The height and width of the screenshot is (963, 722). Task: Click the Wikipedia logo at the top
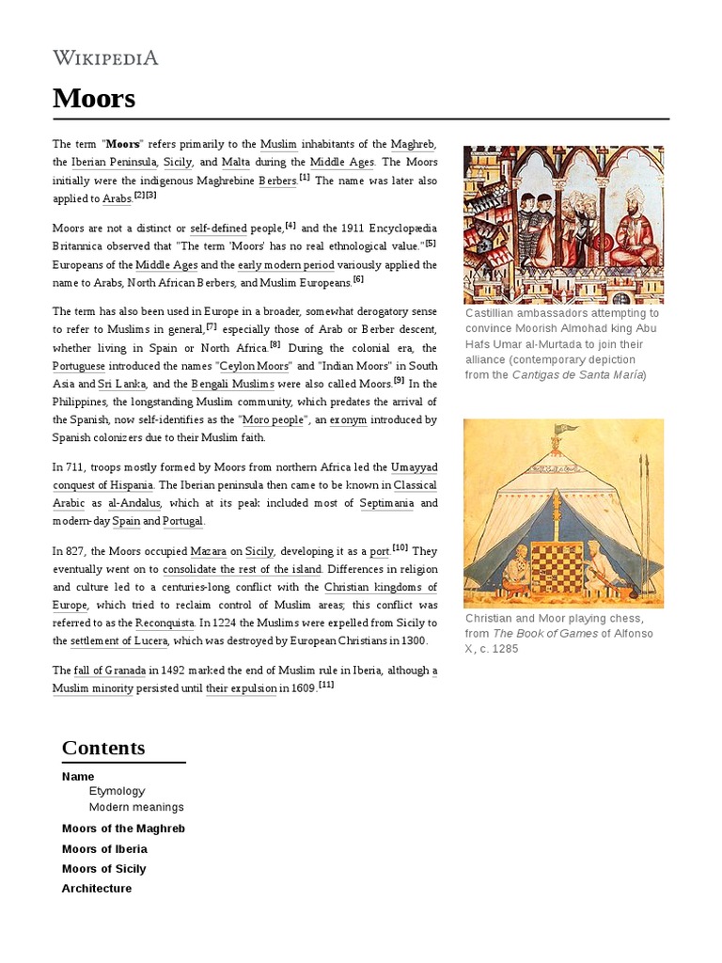[x=105, y=58]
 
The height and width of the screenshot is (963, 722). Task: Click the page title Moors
[x=94, y=99]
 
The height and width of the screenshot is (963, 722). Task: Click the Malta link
[x=235, y=162]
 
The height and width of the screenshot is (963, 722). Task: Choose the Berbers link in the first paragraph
[x=277, y=181]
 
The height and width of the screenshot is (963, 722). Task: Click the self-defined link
[x=218, y=229]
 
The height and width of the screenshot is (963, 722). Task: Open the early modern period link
[x=287, y=265]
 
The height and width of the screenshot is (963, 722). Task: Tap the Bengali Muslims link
[x=233, y=384]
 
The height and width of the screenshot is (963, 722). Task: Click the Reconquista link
[x=165, y=624]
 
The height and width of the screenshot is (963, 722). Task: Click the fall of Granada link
[x=111, y=671]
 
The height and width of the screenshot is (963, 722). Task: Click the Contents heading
[x=103, y=748]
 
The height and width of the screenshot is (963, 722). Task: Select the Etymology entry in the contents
[x=117, y=792]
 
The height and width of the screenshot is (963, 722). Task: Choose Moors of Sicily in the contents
[x=103, y=869]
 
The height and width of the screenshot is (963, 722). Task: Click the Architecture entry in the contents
[x=97, y=889]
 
